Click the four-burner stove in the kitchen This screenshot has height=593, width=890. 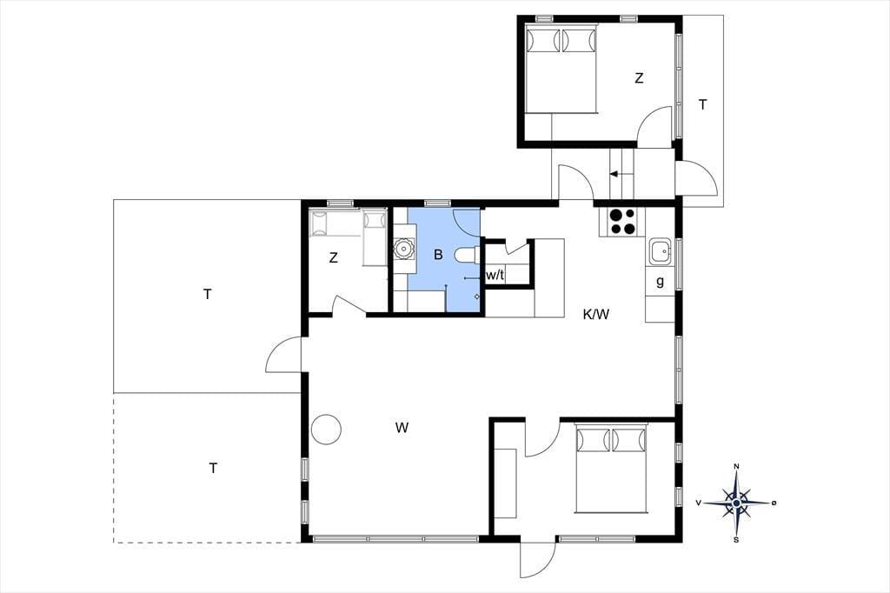click(622, 222)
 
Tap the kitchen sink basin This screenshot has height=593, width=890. click(661, 250)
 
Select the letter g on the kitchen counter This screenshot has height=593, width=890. click(660, 281)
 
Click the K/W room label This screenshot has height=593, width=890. click(596, 314)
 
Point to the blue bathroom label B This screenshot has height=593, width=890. click(438, 255)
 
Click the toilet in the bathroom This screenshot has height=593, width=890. click(467, 256)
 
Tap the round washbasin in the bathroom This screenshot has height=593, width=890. click(403, 249)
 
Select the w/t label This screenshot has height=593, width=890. click(495, 276)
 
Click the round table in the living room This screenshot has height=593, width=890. click(327, 429)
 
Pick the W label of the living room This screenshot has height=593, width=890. click(402, 428)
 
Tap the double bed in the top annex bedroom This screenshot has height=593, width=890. click(561, 69)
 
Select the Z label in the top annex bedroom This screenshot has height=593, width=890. click(639, 78)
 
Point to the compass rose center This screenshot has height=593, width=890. click(736, 503)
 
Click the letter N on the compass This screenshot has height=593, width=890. click(737, 467)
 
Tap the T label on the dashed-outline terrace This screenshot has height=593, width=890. click(213, 468)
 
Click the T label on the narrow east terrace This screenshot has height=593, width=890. click(702, 104)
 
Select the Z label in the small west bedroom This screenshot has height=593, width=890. click(333, 258)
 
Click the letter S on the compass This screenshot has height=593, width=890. click(736, 540)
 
